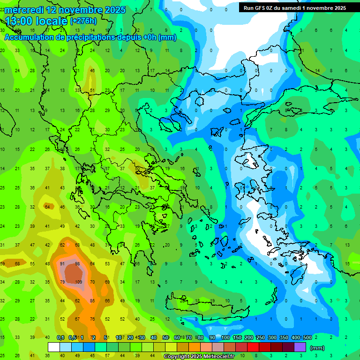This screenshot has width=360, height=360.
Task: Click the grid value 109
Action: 78,282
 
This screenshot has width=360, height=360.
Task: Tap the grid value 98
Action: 78,263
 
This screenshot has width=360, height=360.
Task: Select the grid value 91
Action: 62,263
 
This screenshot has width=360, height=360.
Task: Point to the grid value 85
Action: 92,300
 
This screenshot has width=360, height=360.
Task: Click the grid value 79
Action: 62,282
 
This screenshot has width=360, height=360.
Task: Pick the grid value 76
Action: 92,319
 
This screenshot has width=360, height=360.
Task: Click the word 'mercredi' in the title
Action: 25,10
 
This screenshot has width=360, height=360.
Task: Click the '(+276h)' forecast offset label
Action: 84,21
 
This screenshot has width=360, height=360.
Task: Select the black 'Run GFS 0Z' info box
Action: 294,7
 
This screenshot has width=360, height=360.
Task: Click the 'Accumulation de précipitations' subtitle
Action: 70,37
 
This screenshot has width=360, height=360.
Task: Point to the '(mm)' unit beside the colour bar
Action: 317,348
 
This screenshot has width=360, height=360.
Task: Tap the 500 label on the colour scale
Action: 307,337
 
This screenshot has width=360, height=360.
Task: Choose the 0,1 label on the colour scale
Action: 60,337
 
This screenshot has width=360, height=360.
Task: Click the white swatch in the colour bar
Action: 54,347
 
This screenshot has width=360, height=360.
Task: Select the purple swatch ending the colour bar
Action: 300,347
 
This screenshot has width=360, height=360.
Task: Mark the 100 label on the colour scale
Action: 225,337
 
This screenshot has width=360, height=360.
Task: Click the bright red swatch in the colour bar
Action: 253,347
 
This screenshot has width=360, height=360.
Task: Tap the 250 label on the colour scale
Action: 260,337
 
